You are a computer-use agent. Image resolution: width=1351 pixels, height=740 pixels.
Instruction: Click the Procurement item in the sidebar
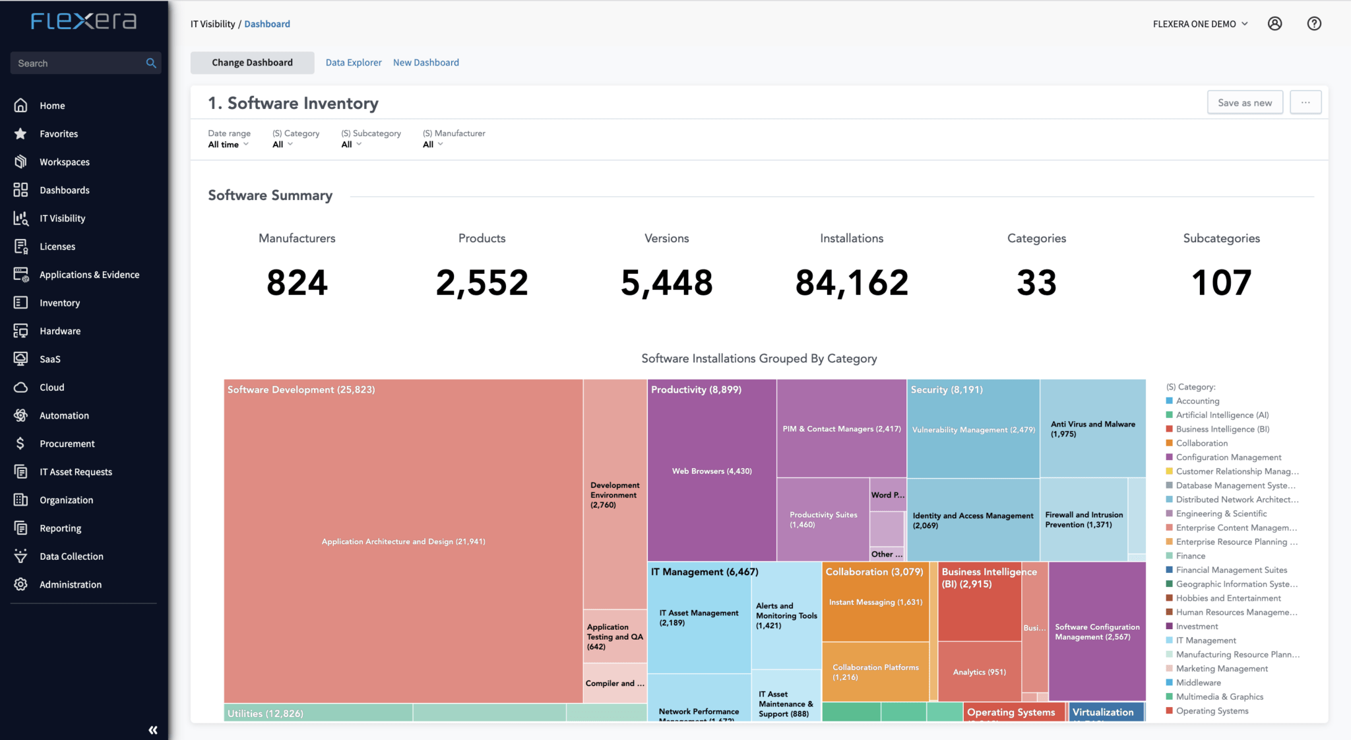coord(67,444)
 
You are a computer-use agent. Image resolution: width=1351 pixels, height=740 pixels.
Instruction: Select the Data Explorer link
coord(353,63)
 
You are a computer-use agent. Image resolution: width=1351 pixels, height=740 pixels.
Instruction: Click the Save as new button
coord(1244,102)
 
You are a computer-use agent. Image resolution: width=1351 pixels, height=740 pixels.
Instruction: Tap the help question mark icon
coord(1313,24)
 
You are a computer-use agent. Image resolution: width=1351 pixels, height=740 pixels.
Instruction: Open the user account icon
coord(1274,24)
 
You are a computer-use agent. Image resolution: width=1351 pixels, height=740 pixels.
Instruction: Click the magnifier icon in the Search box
coord(151,63)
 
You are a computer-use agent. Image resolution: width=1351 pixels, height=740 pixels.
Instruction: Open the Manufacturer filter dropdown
coord(433,145)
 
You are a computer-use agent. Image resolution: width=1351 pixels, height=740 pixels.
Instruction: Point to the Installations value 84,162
coord(851,283)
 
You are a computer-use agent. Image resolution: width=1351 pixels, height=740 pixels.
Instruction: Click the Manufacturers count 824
coord(297,283)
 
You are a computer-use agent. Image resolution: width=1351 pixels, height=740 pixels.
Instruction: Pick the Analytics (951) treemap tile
coord(979,672)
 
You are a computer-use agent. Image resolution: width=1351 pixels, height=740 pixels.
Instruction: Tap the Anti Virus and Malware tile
coord(1092,429)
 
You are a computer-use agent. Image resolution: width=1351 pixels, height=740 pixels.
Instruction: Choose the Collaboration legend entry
coord(1201,443)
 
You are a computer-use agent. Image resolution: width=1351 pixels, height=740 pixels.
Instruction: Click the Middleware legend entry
coord(1198,683)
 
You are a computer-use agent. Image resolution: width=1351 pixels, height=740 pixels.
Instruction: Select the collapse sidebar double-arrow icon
coord(153,729)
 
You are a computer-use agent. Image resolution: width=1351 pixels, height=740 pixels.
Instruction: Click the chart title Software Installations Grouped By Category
coord(759,358)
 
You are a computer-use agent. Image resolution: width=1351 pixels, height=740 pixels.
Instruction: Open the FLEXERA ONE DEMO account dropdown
coord(1200,24)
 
